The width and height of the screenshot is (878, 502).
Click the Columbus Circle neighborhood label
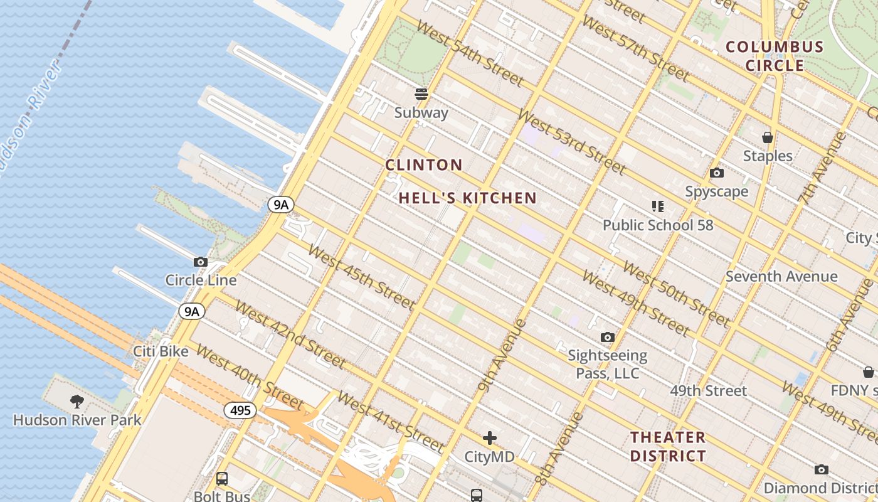[x=775, y=56]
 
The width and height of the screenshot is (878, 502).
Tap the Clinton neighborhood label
[x=424, y=165]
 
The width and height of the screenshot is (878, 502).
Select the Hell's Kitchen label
[x=468, y=198]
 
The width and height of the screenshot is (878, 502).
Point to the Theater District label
[x=668, y=446]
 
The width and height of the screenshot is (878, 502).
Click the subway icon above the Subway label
[x=421, y=94]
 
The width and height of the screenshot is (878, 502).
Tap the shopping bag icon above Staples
[x=767, y=137]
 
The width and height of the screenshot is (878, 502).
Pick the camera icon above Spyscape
[x=717, y=173]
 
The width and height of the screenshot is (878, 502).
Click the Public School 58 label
[x=658, y=225]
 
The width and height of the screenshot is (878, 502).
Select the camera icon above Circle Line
[x=201, y=262]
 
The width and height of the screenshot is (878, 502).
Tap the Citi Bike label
[x=161, y=351]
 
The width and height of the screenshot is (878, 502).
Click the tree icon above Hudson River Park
[x=77, y=401]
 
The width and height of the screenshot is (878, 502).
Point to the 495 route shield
[x=240, y=411]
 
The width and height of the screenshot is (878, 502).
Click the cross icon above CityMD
[x=490, y=438]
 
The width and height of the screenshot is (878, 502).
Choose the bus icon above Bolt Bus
[x=222, y=479]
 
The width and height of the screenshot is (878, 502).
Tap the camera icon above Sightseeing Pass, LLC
[x=607, y=338]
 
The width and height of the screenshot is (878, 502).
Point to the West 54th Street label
[x=470, y=53]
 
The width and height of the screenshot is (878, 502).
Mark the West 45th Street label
[x=362, y=278]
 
